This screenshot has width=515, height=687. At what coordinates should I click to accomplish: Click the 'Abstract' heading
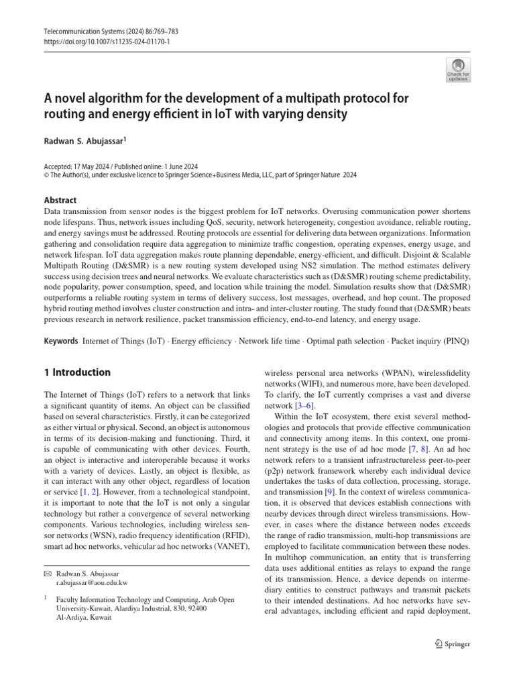pyautogui.click(x=60, y=199)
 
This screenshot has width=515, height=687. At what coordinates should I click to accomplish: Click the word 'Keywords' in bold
pyautogui.click(x=61, y=341)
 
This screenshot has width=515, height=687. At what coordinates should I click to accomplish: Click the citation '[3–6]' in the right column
pyautogui.click(x=304, y=406)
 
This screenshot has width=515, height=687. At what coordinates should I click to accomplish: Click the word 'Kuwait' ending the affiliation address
pyautogui.click(x=101, y=618)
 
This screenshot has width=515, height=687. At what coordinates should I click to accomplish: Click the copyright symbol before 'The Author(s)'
pyautogui.click(x=46, y=174)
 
